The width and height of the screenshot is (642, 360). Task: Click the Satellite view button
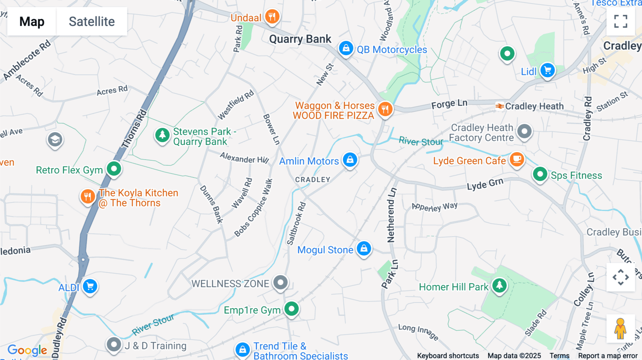click(x=92, y=21)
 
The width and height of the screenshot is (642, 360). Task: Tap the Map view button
click(x=32, y=21)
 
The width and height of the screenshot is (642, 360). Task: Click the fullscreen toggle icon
click(x=621, y=21)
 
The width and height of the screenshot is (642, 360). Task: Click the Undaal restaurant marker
click(x=272, y=16)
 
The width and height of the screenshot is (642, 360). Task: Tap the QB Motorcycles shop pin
click(x=346, y=48)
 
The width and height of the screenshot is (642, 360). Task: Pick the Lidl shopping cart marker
click(x=547, y=70)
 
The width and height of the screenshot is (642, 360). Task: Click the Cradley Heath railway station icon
click(x=500, y=106)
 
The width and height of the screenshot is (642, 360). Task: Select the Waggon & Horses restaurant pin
click(x=385, y=109)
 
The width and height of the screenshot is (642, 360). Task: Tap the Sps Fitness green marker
click(x=540, y=174)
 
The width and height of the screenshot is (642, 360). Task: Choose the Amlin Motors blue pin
click(x=350, y=160)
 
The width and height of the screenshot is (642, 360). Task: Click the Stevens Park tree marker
click(x=162, y=135)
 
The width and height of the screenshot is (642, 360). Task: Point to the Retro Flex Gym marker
click(x=114, y=168)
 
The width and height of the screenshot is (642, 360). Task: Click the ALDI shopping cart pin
click(x=90, y=286)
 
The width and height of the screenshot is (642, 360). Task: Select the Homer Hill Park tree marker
click(x=499, y=285)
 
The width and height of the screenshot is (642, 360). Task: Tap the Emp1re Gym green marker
click(x=291, y=309)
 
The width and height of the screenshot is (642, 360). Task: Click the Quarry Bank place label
click(x=300, y=39)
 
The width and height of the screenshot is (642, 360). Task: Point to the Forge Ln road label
click(x=449, y=104)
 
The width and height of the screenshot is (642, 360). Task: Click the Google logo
click(x=27, y=350)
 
